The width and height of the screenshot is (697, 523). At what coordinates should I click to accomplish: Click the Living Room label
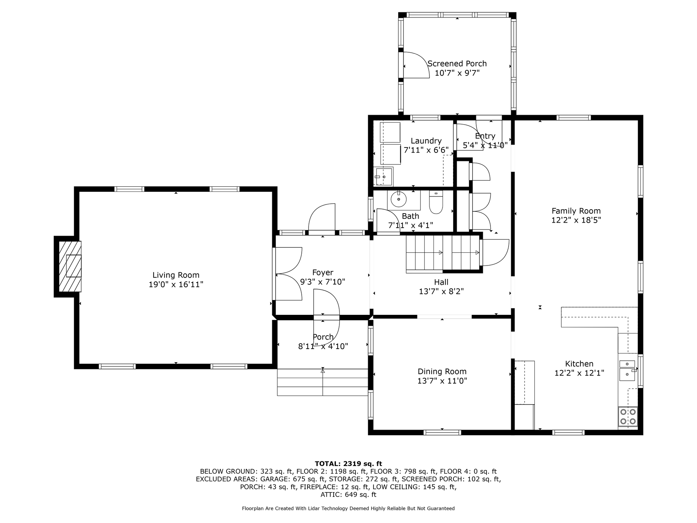tap(176, 275)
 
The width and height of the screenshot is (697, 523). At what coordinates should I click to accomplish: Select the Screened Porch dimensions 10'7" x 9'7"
tap(457, 73)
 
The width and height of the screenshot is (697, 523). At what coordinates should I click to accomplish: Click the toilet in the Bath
tap(436, 202)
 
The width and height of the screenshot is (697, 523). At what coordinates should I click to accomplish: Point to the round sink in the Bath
tap(399, 199)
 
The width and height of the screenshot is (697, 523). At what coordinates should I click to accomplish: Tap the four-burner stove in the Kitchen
tap(628, 416)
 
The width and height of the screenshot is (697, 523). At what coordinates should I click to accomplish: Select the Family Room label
tap(576, 211)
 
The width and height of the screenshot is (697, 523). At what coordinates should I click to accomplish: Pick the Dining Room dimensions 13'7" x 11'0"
tap(442, 381)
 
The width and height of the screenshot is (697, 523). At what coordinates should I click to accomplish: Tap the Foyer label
tap(323, 272)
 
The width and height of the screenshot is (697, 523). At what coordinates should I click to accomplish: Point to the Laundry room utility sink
tap(383, 177)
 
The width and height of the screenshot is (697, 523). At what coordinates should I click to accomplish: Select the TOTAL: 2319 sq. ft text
tap(348, 463)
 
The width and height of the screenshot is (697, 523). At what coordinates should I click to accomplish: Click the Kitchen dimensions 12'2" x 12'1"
tap(579, 373)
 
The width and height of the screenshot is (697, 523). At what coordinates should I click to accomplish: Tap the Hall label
tap(441, 282)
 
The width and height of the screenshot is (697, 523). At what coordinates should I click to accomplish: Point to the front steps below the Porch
tap(322, 382)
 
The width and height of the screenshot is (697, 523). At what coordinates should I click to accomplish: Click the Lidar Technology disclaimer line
tap(348, 508)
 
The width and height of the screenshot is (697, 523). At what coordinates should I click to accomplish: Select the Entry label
tap(485, 136)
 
